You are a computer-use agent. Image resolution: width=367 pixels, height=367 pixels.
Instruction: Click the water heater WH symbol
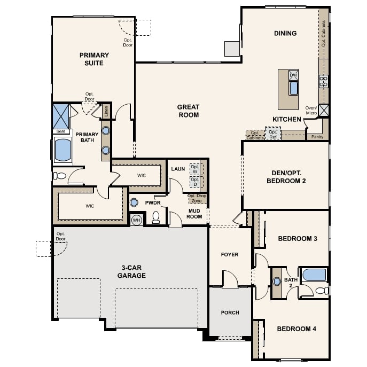tap(136, 220)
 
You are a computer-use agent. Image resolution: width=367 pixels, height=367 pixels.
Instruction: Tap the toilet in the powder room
tap(156, 217)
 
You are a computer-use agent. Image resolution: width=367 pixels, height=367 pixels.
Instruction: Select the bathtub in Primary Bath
tap(63, 150)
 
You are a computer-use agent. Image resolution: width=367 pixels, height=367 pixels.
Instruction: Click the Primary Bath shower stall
tap(61, 116)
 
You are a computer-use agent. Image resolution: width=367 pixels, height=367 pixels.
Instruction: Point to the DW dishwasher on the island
tap(293, 75)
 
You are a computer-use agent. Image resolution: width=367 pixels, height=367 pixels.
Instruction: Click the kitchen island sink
tap(293, 88)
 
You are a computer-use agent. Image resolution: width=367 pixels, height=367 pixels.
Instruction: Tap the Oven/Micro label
tap(311, 111)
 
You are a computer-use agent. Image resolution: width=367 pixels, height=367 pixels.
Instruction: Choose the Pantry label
tap(317, 137)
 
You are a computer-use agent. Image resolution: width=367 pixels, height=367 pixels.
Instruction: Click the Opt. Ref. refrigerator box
tap(273, 134)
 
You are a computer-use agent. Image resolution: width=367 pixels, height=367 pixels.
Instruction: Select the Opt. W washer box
tap(195, 169)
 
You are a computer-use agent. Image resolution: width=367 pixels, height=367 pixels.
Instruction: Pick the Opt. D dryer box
tap(195, 182)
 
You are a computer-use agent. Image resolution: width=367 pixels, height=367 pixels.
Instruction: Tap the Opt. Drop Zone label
tap(197, 198)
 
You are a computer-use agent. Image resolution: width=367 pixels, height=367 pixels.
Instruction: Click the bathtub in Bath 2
tap(314, 275)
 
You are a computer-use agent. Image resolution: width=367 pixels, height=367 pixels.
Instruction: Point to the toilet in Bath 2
tap(322, 291)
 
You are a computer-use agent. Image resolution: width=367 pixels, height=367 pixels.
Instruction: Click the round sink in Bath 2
tap(277, 282)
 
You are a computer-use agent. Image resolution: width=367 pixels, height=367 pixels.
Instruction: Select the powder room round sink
tap(134, 202)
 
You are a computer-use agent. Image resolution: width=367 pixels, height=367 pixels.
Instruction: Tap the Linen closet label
tap(106, 112)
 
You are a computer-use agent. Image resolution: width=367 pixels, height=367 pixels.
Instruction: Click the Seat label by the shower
tap(60, 131)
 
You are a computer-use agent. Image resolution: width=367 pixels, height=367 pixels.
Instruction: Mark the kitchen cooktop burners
tap(324, 81)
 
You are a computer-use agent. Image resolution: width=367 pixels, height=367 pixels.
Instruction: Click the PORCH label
tap(230, 313)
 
